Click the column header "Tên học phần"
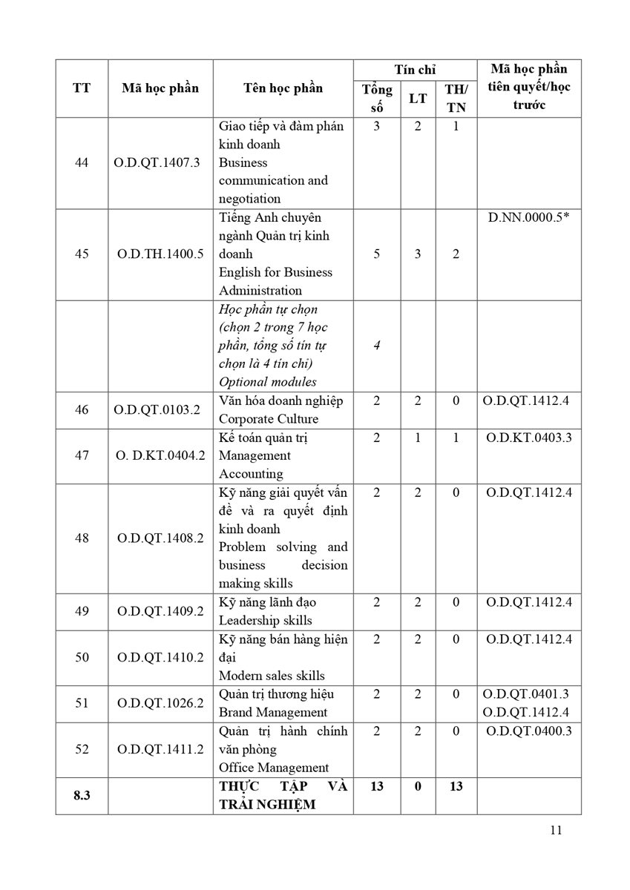[x=283, y=88]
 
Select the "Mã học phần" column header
[x=160, y=88]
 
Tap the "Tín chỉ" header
[x=415, y=70]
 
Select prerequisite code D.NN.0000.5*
[x=529, y=219]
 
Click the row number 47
[x=82, y=455]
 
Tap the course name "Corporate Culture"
[x=268, y=419]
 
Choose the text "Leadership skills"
[x=265, y=621]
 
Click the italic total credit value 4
[x=376, y=346]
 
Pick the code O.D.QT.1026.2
[x=160, y=703]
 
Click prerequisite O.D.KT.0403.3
[x=529, y=438]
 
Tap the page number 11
[x=556, y=830]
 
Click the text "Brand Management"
[x=272, y=713]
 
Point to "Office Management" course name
[x=273, y=768]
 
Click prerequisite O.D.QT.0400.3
[x=529, y=731]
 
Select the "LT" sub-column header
[x=417, y=98]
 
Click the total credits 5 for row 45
[x=376, y=254]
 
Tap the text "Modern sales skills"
[x=272, y=676]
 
